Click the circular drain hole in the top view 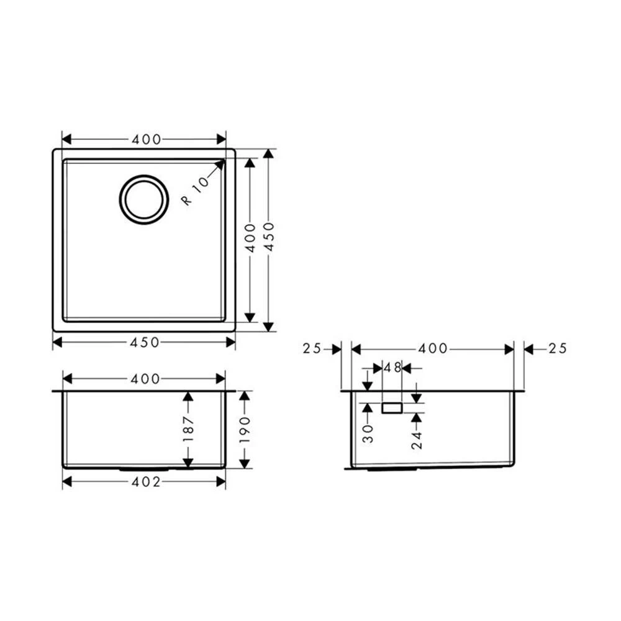(144, 199)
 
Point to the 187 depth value (189, 429)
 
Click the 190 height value (244, 429)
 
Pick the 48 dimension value (392, 368)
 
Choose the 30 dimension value (368, 433)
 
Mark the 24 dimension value (416, 439)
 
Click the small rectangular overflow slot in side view (392, 408)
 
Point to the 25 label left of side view (312, 349)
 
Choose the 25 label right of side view (557, 349)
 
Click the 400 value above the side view (433, 349)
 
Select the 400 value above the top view (146, 140)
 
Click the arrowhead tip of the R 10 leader (224, 161)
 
